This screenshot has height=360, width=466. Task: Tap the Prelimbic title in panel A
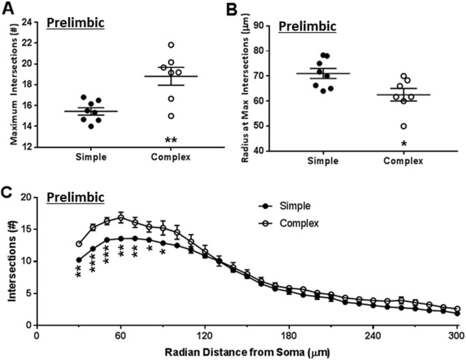pyautogui.click(x=76, y=24)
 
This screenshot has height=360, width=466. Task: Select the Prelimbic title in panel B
pyautogui.click(x=312, y=27)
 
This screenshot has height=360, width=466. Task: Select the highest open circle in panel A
pyautogui.click(x=173, y=45)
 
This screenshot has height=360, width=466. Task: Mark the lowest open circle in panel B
pyautogui.click(x=404, y=126)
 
